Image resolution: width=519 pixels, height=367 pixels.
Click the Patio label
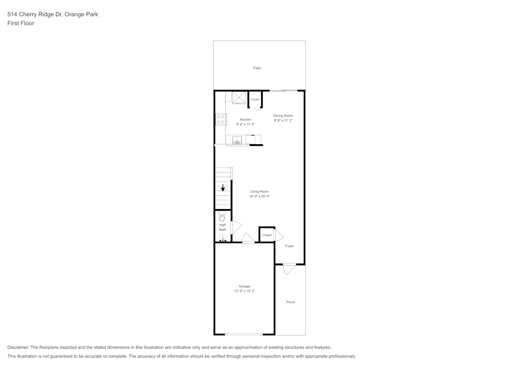(x=257, y=68)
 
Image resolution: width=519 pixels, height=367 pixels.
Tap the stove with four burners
(x=221, y=119)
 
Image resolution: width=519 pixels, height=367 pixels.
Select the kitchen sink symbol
(x=237, y=140)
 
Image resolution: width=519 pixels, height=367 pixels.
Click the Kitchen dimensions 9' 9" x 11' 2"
(x=245, y=125)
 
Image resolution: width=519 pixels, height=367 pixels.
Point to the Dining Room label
(x=283, y=116)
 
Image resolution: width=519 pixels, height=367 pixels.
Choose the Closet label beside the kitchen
(x=255, y=99)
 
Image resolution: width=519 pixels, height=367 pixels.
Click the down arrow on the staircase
(x=223, y=188)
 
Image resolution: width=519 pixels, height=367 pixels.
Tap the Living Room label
(x=259, y=192)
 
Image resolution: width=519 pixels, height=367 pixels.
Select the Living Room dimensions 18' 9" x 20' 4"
(x=259, y=196)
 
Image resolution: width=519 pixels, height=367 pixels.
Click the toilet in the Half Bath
(x=222, y=217)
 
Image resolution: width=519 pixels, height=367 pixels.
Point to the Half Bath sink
(x=223, y=238)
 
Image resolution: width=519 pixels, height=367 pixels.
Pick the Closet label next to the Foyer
(x=267, y=235)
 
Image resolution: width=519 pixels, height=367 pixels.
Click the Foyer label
(x=290, y=246)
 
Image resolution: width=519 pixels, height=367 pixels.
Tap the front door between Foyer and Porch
(x=289, y=269)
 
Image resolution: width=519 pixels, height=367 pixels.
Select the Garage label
(x=244, y=286)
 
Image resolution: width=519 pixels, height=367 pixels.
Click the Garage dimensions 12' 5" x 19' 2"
(x=244, y=291)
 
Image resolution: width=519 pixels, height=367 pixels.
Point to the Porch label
(x=291, y=302)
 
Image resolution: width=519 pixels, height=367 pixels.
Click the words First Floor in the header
(x=21, y=23)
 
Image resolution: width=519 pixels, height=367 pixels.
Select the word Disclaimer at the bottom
(x=18, y=347)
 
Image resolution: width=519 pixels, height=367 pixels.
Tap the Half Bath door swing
(x=236, y=227)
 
